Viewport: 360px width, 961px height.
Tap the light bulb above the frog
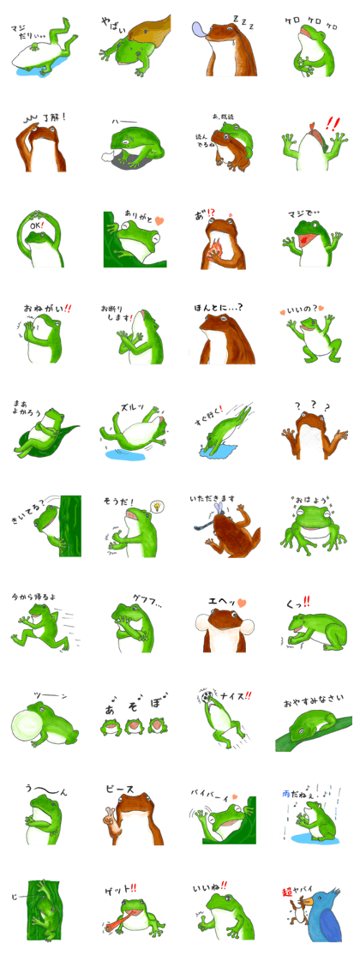(158, 508)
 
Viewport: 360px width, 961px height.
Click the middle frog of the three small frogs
(133, 727)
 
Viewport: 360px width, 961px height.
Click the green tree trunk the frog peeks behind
(70, 526)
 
